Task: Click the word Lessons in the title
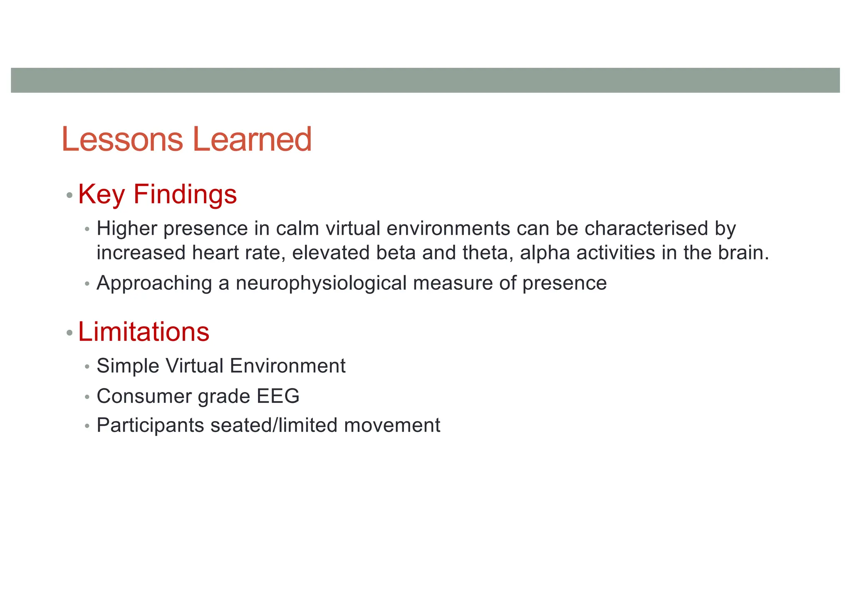(122, 139)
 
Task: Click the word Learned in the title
(253, 139)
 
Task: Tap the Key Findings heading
(157, 194)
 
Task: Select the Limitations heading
(144, 332)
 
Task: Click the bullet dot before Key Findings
(69, 195)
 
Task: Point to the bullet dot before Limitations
(69, 333)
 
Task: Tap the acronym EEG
(278, 396)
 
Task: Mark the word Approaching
(154, 283)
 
